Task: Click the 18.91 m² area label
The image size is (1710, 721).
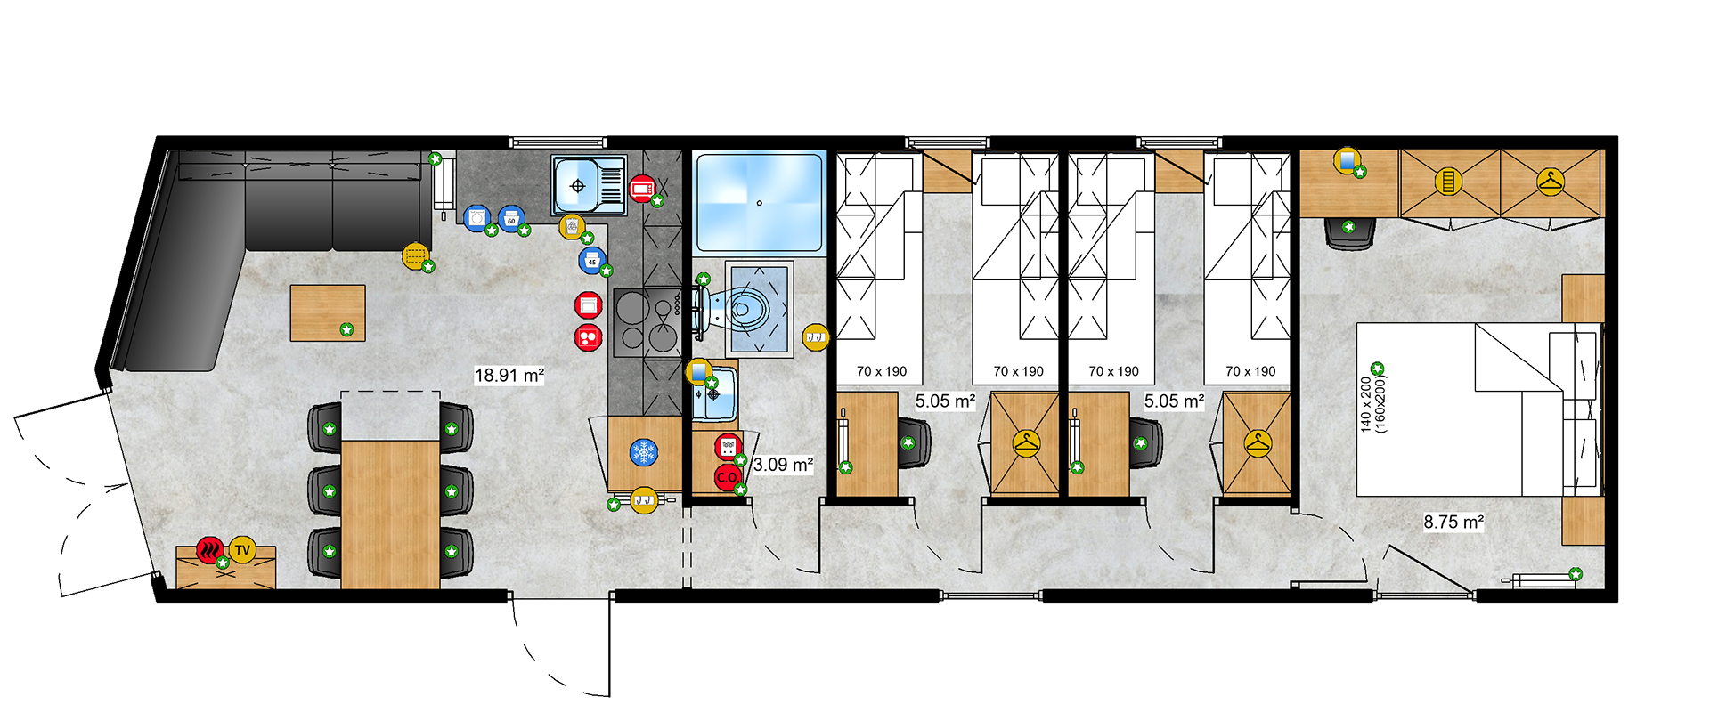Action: (x=509, y=375)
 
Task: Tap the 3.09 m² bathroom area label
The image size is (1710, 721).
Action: (x=783, y=465)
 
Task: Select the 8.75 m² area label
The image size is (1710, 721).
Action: (x=1453, y=522)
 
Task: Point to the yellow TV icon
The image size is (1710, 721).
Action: (x=242, y=550)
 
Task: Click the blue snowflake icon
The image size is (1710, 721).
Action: (x=643, y=452)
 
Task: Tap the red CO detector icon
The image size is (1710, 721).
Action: (x=727, y=477)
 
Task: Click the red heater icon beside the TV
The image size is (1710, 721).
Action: (x=210, y=549)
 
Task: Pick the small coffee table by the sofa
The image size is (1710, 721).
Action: (x=328, y=312)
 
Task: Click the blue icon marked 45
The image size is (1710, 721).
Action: (x=591, y=261)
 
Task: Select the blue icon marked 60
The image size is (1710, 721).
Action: (x=510, y=218)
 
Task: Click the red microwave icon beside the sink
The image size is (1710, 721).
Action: (x=641, y=189)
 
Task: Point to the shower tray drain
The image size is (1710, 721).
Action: (x=759, y=203)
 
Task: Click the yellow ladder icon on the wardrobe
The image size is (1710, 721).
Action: (x=1449, y=182)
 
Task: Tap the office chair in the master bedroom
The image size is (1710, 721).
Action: (x=1350, y=232)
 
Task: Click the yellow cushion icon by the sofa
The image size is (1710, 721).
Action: (x=415, y=256)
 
